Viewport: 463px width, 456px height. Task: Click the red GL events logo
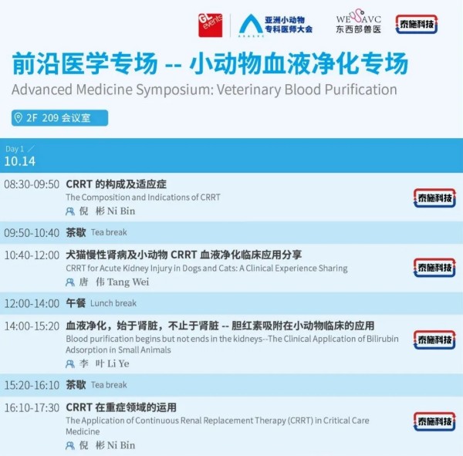click(x=210, y=25)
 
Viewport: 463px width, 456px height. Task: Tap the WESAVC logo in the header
click(x=358, y=21)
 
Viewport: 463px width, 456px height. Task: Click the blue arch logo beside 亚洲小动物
click(x=251, y=25)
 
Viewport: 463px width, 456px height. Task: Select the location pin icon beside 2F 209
click(x=19, y=118)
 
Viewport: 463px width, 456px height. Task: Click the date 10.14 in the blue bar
click(x=20, y=161)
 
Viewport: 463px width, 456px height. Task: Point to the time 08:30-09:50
click(x=32, y=184)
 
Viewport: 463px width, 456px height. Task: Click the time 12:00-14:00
click(x=32, y=303)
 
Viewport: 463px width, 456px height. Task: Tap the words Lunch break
click(x=113, y=303)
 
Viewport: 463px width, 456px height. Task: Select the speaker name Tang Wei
click(x=128, y=282)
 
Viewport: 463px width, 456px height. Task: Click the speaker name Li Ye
click(x=118, y=363)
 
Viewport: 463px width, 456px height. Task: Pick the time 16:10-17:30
click(x=32, y=408)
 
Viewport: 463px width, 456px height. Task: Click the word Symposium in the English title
click(x=174, y=90)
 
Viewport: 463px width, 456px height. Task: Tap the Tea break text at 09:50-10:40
click(x=109, y=232)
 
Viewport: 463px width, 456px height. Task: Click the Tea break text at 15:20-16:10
click(x=109, y=385)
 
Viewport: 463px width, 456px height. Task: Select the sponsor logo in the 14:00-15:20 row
click(x=434, y=339)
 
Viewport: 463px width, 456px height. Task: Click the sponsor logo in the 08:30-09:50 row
click(x=434, y=198)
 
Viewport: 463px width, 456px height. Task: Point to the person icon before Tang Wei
click(x=70, y=282)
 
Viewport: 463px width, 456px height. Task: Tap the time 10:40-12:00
click(x=32, y=255)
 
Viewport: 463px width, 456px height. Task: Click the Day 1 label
click(x=15, y=149)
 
